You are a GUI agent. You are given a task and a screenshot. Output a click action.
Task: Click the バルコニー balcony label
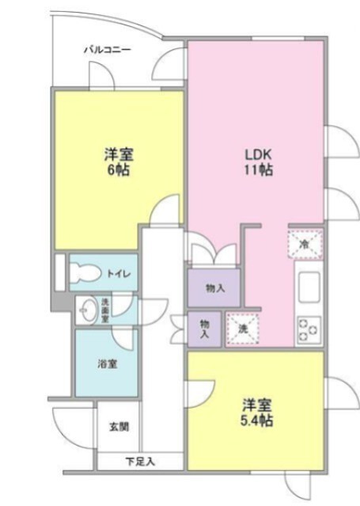coord(108,50)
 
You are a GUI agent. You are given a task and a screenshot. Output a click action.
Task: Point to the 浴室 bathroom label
coord(107,364)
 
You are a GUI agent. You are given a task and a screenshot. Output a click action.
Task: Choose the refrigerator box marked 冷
coord(305,244)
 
